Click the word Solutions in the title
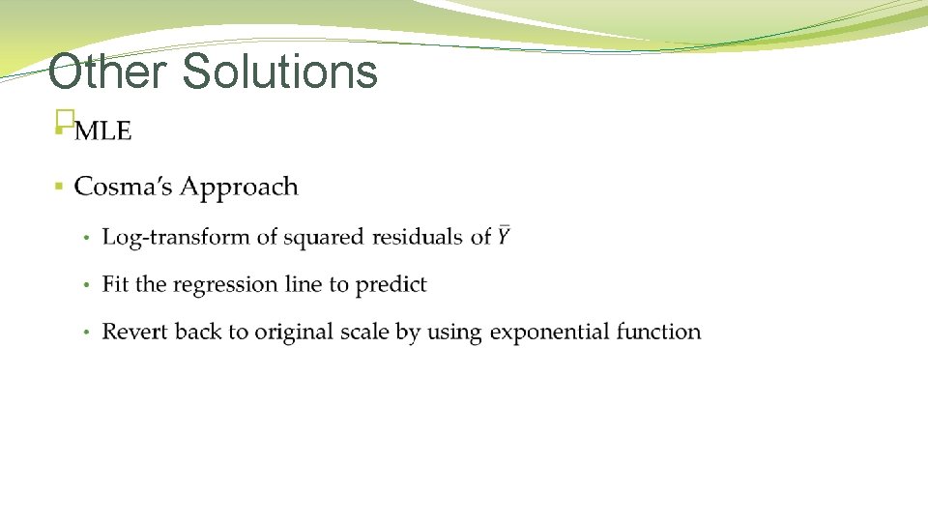(279, 72)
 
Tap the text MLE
(102, 131)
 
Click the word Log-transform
(176, 238)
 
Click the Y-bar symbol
(504, 236)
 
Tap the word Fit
(115, 284)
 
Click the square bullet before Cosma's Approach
(59, 185)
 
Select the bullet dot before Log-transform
(86, 238)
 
